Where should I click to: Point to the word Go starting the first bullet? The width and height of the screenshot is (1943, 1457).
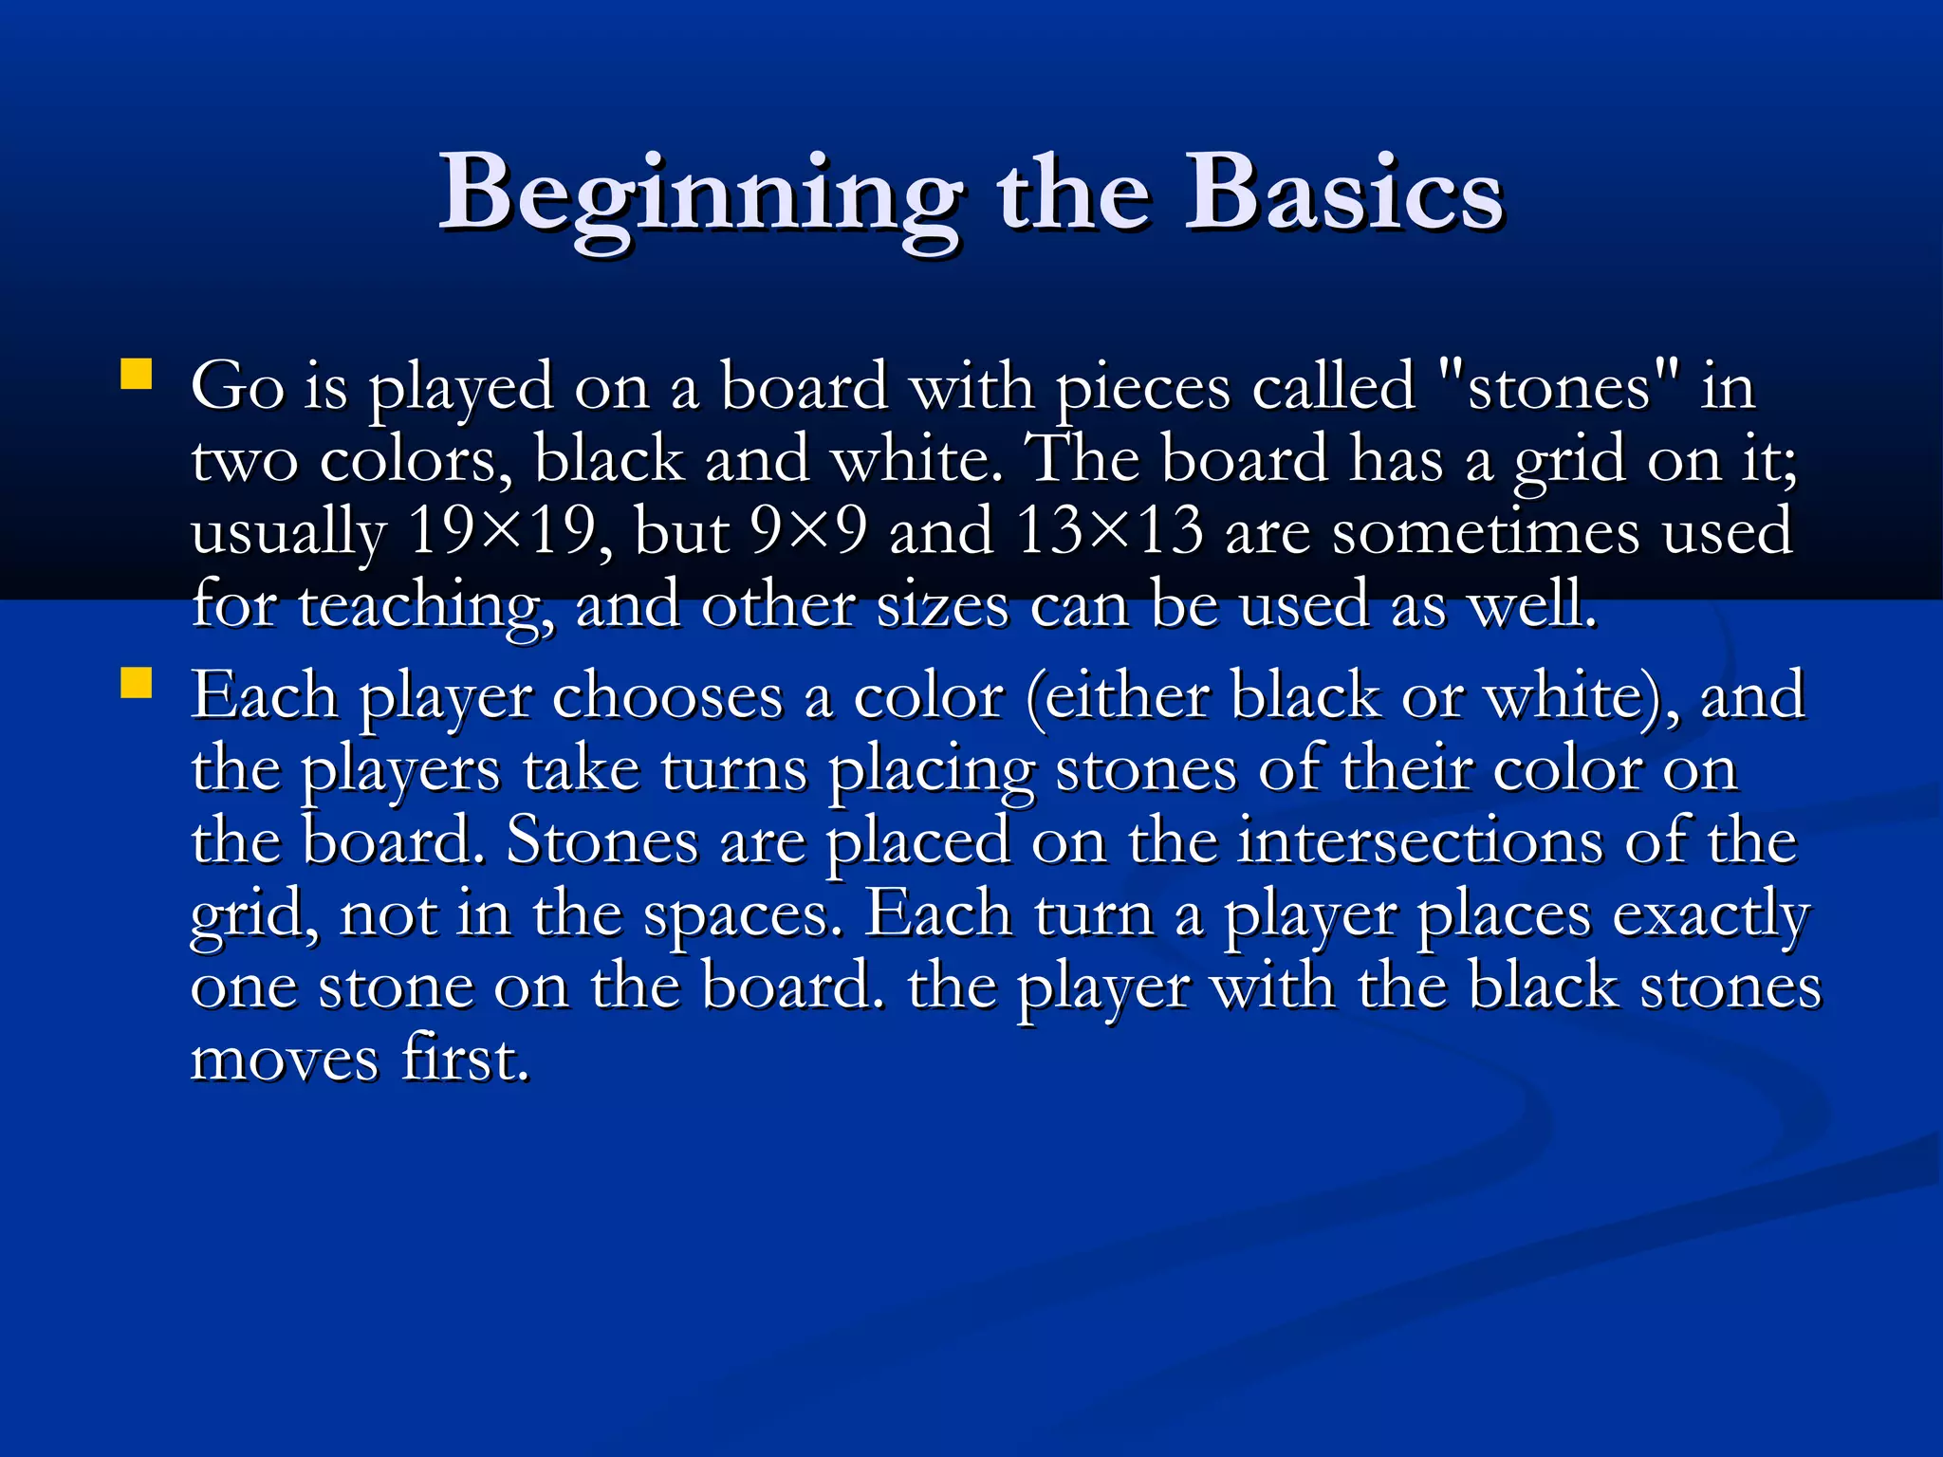[x=236, y=387]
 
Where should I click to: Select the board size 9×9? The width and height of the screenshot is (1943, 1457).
[x=808, y=531]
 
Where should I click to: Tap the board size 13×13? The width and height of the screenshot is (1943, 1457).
[x=1109, y=531]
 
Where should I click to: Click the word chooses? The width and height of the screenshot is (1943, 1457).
[x=667, y=697]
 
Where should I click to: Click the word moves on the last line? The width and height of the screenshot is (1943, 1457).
[x=285, y=1060]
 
